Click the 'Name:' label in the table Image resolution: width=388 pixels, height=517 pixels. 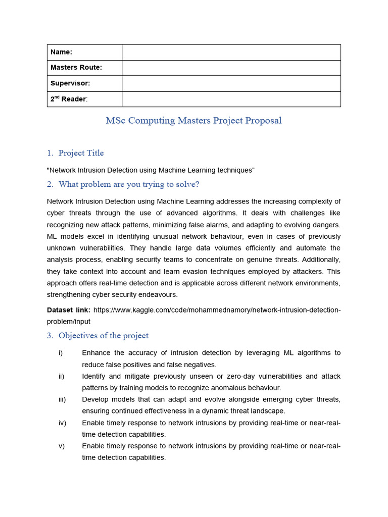point(62,53)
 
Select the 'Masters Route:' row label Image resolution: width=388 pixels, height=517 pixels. point(76,68)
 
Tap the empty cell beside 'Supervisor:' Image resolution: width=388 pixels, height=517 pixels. point(231,83)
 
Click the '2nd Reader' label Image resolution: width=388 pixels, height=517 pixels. point(69,99)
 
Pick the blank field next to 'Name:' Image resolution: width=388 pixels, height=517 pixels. point(231,53)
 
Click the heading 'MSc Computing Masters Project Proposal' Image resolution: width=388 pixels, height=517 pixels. point(193,121)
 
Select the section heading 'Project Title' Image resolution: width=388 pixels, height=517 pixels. point(81,153)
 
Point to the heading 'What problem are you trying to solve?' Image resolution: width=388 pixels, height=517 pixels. point(129,184)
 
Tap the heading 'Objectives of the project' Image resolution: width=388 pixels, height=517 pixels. point(103,336)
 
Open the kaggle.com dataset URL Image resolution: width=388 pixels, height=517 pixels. point(217,309)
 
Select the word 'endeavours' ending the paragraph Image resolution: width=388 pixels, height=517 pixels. point(159,295)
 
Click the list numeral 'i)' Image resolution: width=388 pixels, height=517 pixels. point(61,353)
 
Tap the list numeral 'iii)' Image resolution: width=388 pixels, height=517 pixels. point(62,399)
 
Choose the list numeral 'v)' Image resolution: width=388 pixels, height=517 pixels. point(62,446)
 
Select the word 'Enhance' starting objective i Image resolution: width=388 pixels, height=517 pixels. point(96,353)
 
